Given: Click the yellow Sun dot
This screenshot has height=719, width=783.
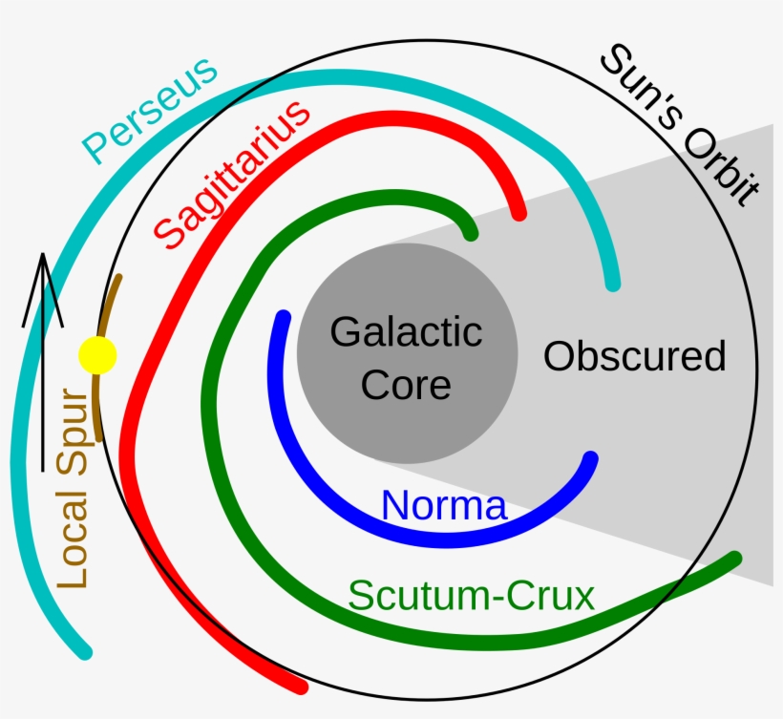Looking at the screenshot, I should tap(96, 355).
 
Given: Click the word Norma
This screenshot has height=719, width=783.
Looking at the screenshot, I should tap(444, 505).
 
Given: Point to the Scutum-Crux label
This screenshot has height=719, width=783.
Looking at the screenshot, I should tap(472, 596).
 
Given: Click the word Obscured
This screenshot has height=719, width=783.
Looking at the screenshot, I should tap(635, 356).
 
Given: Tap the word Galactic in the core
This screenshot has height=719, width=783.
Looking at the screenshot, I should tap(406, 333).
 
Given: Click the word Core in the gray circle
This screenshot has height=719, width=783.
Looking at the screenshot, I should tap(406, 385).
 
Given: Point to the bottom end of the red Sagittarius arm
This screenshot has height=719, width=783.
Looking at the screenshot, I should tap(301, 685).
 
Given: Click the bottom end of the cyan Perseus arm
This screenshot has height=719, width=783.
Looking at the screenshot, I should tap(85, 651).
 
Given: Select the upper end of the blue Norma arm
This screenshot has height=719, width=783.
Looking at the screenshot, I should tap(282, 316).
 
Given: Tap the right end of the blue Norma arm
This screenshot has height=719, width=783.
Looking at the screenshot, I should tap(591, 458).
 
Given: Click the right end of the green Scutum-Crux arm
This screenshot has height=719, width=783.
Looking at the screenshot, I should tap(735, 559).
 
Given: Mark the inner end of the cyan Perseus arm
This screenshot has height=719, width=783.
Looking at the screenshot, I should tap(612, 283).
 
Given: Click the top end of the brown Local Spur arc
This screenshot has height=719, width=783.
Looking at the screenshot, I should tap(118, 278).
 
